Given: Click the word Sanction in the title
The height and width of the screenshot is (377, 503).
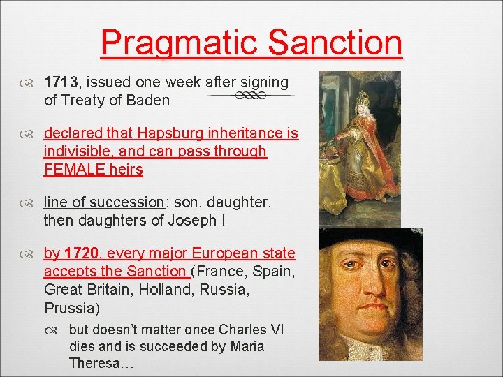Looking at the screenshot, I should pyautogui.click(x=335, y=43).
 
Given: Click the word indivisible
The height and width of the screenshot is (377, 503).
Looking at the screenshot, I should pyautogui.click(x=77, y=151).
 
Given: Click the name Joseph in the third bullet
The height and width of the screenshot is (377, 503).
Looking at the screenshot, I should pyautogui.click(x=189, y=221).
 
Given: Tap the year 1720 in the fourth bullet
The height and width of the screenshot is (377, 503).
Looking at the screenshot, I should pyautogui.click(x=82, y=253).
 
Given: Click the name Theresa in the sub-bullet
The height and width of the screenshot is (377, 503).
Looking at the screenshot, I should pyautogui.click(x=99, y=364).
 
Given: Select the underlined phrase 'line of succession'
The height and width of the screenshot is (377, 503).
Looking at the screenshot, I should pyautogui.click(x=103, y=202).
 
